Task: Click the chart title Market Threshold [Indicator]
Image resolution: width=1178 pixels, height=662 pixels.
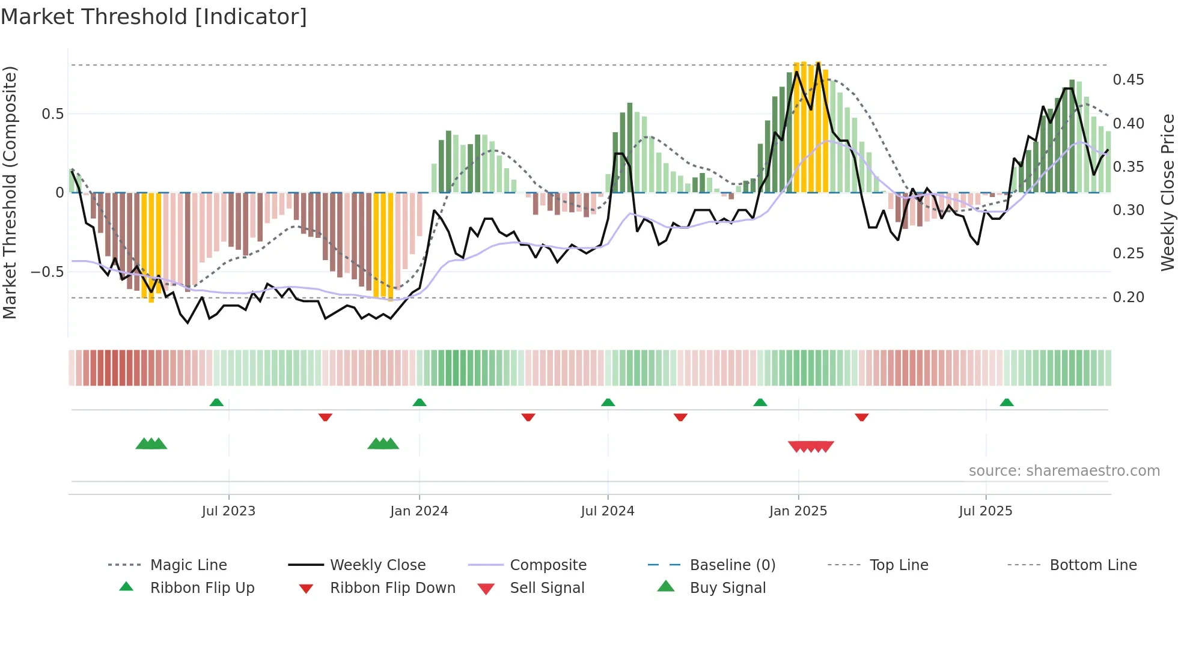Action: (x=154, y=17)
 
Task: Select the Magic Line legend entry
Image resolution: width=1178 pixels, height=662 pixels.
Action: (x=188, y=565)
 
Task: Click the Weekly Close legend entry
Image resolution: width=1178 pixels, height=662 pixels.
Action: (x=377, y=565)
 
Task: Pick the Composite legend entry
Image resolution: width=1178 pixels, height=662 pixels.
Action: (x=548, y=565)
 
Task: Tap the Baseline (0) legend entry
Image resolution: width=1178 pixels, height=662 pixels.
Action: (x=732, y=565)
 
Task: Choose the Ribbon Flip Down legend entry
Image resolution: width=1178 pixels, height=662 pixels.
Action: (x=392, y=588)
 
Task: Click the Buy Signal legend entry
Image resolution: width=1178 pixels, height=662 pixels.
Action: (x=727, y=588)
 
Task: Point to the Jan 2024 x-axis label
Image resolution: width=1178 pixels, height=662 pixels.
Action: (x=419, y=511)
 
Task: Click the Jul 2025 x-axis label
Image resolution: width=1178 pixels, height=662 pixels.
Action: (x=985, y=511)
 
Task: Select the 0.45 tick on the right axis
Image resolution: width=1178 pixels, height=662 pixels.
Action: (x=1128, y=80)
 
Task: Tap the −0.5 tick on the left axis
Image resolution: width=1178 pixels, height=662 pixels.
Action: (x=47, y=272)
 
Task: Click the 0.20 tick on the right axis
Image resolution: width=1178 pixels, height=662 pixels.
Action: (x=1128, y=297)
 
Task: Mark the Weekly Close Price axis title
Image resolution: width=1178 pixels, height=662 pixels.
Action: (x=1167, y=192)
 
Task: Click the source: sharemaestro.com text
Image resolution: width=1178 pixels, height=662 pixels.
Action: (x=1064, y=471)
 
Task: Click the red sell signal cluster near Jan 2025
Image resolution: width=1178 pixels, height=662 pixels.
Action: (x=811, y=446)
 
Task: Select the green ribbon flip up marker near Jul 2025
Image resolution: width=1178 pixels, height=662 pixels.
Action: (x=1007, y=402)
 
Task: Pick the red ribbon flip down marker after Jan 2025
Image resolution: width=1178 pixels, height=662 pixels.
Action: (x=861, y=417)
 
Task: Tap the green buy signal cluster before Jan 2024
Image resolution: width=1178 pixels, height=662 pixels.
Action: (x=383, y=444)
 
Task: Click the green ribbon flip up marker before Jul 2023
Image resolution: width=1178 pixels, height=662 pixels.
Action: (x=216, y=402)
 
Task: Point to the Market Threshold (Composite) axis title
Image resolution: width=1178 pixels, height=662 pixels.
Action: (x=10, y=192)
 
